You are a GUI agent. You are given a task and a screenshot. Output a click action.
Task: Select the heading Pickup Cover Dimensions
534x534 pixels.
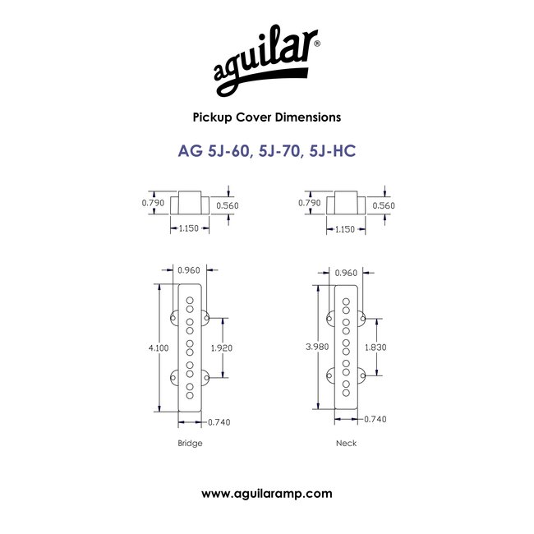click(x=266, y=117)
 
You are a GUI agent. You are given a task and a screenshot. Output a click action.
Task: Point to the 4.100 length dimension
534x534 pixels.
click(x=161, y=348)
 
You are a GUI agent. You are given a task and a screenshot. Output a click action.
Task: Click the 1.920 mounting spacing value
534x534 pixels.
click(x=223, y=348)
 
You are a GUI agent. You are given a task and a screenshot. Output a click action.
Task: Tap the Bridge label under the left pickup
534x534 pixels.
click(x=190, y=443)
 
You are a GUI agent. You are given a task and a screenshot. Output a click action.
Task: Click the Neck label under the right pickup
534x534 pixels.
click(x=346, y=443)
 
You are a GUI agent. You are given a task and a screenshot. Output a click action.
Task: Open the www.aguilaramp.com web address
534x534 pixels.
click(x=267, y=494)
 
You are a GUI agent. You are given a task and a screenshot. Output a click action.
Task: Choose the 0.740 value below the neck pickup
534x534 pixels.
click(x=374, y=418)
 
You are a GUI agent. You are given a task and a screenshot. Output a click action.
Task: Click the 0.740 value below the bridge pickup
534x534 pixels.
click(x=219, y=423)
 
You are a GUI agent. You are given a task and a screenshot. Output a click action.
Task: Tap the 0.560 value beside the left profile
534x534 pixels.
click(x=228, y=205)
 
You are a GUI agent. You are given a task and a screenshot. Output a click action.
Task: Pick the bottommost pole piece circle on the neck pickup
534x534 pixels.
click(x=346, y=394)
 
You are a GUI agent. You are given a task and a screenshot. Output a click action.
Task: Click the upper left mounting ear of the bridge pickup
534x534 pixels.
click(x=175, y=317)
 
